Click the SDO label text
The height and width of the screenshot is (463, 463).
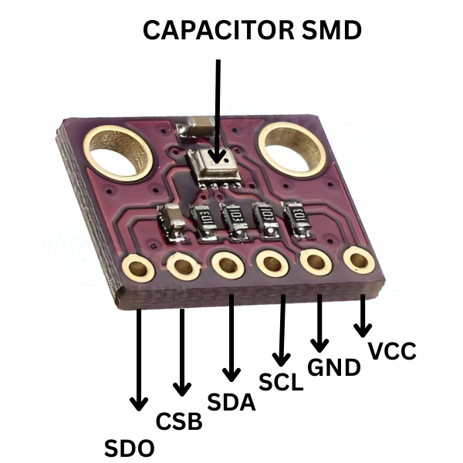pyautogui.click(x=129, y=448)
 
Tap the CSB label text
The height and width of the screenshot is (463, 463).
pyautogui.click(x=179, y=422)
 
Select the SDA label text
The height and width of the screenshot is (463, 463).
pyautogui.click(x=231, y=402)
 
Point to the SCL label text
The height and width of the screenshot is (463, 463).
pyautogui.click(x=282, y=381)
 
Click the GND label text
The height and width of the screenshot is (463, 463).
pyautogui.click(x=333, y=367)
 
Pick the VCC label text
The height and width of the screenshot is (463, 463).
pyautogui.click(x=392, y=351)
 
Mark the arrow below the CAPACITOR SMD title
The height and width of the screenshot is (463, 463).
pyautogui.click(x=218, y=108)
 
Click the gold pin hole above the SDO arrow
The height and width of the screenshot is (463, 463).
pyautogui.click(x=138, y=269)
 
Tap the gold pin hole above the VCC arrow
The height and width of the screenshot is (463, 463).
pyautogui.click(x=359, y=260)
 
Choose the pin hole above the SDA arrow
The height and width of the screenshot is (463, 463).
pyautogui.click(x=228, y=265)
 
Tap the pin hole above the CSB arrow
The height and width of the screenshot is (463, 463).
pyautogui.click(x=183, y=267)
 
